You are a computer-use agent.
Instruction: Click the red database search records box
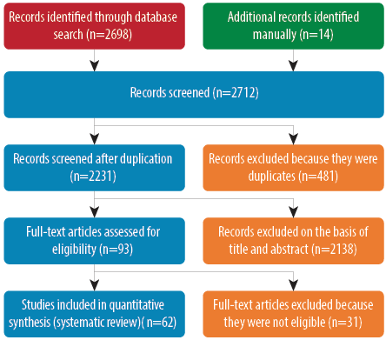click(94, 26)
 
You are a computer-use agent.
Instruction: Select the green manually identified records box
click(293, 26)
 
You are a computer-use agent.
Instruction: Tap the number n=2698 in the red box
click(110, 34)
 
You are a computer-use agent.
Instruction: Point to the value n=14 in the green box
click(316, 34)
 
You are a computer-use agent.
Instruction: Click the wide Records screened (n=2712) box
click(194, 95)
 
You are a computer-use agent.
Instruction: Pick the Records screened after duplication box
click(94, 168)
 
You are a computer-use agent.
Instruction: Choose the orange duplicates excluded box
click(293, 168)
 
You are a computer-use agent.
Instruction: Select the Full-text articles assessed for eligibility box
click(94, 241)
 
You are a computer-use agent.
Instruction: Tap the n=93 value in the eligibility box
click(116, 249)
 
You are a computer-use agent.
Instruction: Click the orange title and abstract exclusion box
click(293, 241)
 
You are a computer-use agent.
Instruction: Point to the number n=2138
click(334, 249)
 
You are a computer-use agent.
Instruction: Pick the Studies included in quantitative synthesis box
click(94, 314)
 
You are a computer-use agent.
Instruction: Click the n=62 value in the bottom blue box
click(160, 323)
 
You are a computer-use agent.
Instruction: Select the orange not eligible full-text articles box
click(293, 314)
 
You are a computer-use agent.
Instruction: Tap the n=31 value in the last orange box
click(345, 323)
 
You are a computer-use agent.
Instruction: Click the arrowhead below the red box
click(95, 66)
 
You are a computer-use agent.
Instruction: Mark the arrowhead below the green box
click(294, 66)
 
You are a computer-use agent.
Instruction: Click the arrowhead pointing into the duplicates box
click(294, 139)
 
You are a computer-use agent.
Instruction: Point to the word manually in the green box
click(274, 35)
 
